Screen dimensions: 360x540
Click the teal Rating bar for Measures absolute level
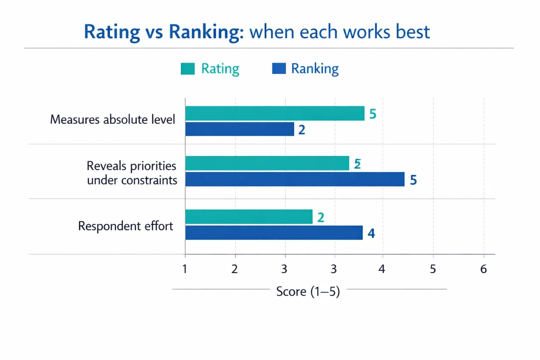point(275,113)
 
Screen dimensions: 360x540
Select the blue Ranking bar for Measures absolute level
point(239,129)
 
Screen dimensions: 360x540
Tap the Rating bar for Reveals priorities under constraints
point(267,163)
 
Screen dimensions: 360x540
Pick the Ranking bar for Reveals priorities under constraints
point(295,179)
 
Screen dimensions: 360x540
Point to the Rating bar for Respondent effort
point(249,216)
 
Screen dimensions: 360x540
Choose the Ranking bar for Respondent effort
point(274,233)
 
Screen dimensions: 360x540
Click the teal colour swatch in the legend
point(188,69)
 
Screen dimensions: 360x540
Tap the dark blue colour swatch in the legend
point(279,69)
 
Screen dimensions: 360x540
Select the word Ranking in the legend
point(315,69)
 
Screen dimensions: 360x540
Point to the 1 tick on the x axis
point(185,269)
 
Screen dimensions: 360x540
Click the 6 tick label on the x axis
point(484,269)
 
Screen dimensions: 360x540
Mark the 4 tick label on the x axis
point(382,269)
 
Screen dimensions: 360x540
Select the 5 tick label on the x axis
point(433,269)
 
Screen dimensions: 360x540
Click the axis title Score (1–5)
point(308,292)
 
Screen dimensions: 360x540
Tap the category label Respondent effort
point(126,226)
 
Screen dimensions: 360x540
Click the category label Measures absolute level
point(112,120)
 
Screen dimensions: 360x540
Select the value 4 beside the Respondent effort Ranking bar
point(371,234)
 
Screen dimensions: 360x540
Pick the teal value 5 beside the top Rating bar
point(372,114)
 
